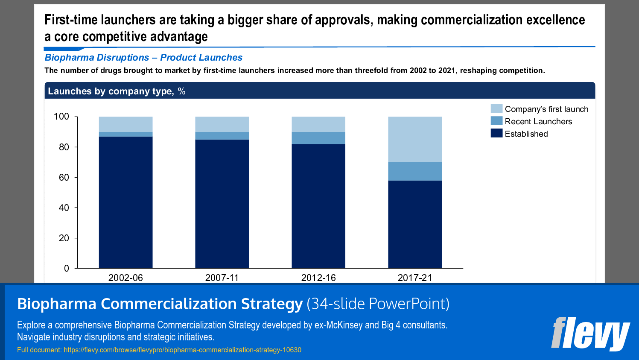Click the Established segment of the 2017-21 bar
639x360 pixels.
414,224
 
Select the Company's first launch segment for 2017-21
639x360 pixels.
414,139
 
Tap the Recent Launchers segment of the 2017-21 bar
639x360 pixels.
414,171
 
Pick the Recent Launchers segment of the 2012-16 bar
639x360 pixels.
318,138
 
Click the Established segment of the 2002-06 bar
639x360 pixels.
125,202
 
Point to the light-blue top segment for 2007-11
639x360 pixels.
222,124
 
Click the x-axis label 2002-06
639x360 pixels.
125,278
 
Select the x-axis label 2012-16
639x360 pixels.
318,278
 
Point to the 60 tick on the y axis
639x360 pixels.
64,177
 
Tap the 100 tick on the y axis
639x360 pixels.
61,117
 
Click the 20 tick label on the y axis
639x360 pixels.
64,238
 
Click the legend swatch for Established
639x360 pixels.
496,133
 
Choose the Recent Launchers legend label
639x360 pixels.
538,121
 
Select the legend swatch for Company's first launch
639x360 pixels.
496,108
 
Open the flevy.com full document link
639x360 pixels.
182,350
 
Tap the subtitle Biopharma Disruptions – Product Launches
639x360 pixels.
143,57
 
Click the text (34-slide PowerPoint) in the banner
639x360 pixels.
378,304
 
